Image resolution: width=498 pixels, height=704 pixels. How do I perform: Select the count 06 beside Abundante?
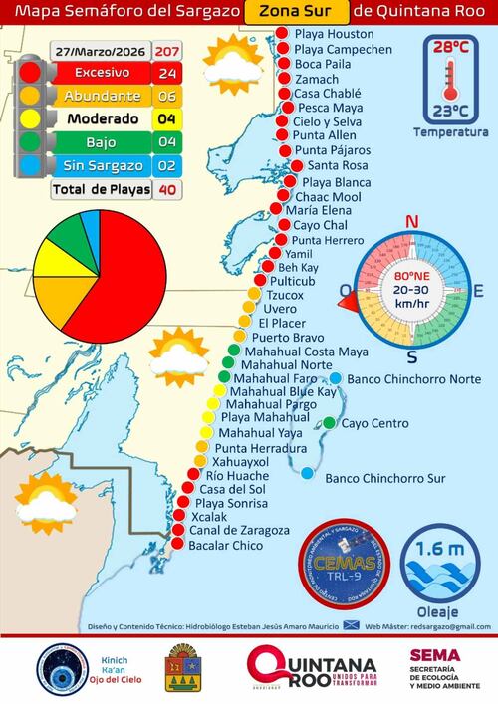click(166, 97)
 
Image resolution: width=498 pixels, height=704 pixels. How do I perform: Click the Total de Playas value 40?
click(166, 187)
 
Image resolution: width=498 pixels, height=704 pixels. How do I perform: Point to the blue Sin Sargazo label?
click(98, 164)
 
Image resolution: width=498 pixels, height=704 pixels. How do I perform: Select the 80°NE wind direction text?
click(410, 274)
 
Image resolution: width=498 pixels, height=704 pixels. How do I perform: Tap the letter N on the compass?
click(410, 222)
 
